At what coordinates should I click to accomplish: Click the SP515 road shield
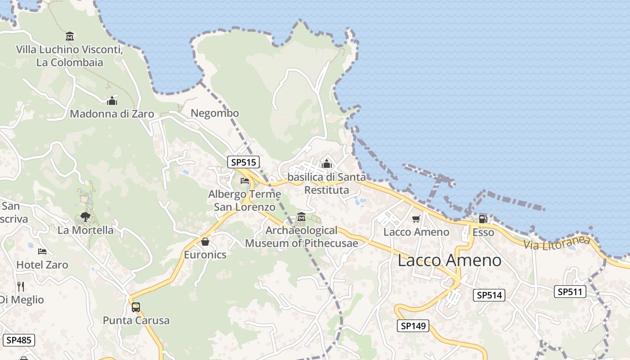pos(243,162)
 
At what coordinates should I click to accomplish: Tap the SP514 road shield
pos(489,295)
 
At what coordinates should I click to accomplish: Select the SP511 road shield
pos(570,292)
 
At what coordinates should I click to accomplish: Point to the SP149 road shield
pos(413,326)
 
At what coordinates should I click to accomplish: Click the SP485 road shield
pos(18,340)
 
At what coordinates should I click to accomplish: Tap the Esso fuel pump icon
pos(483,219)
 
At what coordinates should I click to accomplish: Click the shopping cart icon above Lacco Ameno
pos(416,219)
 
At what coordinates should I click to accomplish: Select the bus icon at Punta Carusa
pos(136,307)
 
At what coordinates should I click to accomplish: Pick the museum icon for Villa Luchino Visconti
pos(70,36)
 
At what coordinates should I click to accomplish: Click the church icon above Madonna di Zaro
pos(112,101)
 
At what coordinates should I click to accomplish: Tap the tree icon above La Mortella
pos(85,217)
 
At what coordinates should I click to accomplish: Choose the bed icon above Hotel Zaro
pos(42,251)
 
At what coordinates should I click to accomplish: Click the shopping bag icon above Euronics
pos(205,242)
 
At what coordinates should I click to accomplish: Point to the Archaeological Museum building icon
pos(301,217)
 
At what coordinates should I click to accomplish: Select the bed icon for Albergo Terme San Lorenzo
pos(245,181)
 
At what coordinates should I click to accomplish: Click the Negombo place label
pos(215,113)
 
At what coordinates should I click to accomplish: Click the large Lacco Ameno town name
pos(449,260)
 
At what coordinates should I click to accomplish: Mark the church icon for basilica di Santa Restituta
pos(327,164)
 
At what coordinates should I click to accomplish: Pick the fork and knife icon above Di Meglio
pos(20,286)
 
